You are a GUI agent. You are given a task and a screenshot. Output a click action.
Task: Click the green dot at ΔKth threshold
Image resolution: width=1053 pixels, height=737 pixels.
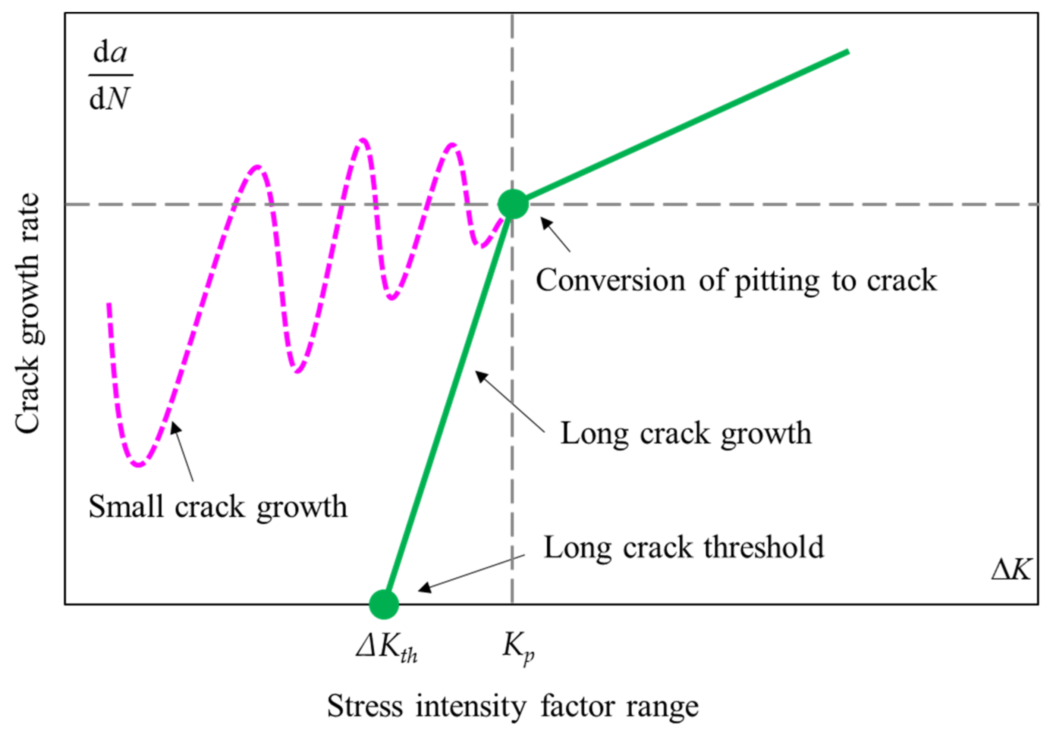point(384,604)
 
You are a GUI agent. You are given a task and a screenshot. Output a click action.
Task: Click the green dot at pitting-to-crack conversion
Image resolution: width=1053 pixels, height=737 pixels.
point(513,204)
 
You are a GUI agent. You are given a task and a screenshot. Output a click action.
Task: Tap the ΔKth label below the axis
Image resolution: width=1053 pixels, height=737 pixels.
point(386,649)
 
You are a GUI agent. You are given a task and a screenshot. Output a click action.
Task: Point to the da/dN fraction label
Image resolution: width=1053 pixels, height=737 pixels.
point(110,76)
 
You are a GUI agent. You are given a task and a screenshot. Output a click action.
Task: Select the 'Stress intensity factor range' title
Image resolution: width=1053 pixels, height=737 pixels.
point(512,706)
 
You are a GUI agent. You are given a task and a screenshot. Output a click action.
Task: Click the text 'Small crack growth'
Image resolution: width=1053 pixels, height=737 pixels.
point(217,507)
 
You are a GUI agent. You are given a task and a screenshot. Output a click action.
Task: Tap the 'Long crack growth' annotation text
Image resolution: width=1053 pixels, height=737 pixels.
point(686,433)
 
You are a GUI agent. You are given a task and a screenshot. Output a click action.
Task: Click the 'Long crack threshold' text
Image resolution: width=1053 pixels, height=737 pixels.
point(683,547)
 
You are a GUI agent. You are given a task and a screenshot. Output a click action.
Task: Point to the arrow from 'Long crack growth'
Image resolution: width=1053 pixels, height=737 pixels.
point(509,401)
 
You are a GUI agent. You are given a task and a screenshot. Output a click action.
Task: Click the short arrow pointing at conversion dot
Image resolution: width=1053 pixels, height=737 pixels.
point(555,235)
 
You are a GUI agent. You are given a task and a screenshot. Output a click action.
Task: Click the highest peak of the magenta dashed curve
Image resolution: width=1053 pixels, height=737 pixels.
point(363,140)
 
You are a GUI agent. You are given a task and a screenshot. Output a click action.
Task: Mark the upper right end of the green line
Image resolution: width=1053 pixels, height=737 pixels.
point(848,52)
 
